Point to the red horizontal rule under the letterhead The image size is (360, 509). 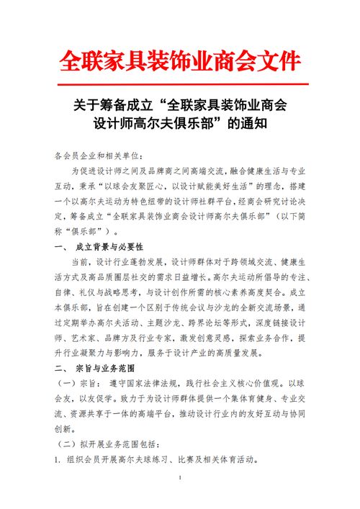179,84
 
